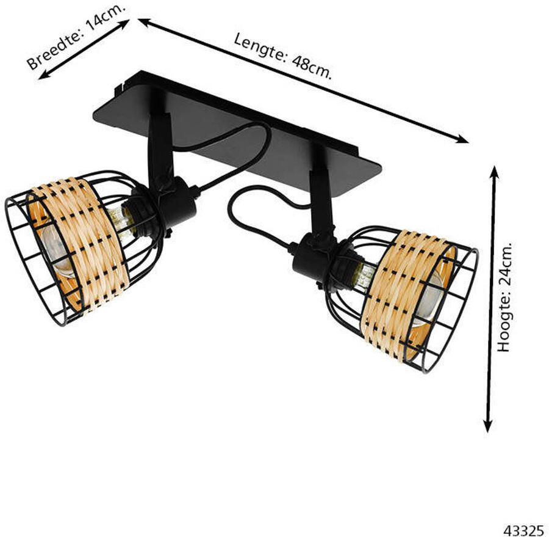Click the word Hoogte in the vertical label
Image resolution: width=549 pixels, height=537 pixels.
click(x=504, y=327)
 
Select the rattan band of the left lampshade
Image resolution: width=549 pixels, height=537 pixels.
click(x=85, y=244)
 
